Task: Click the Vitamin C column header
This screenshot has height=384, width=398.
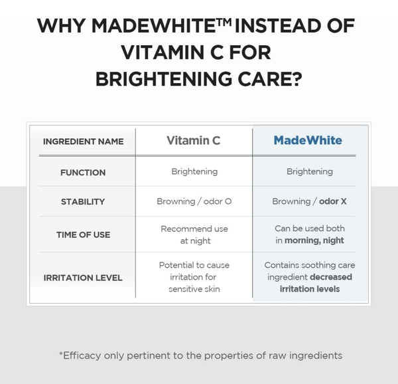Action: (x=194, y=141)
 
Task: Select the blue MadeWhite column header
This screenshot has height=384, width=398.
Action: (x=308, y=140)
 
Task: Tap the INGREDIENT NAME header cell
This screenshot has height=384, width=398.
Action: (x=84, y=142)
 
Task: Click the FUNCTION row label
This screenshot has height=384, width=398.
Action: (x=83, y=173)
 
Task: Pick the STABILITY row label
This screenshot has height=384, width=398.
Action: (x=83, y=202)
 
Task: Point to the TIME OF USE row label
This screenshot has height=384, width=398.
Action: (x=84, y=235)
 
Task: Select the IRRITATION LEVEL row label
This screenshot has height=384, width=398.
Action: (x=83, y=278)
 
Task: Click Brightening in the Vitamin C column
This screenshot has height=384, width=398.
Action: (x=194, y=171)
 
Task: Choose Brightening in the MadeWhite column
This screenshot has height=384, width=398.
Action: (x=310, y=171)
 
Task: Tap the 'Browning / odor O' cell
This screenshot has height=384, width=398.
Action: (x=194, y=201)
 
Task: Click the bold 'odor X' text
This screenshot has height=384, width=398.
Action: (x=333, y=201)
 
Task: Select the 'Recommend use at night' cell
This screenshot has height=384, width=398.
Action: (x=194, y=235)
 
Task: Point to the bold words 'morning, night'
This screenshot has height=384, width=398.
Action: (x=314, y=240)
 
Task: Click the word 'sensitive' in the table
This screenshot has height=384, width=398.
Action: (x=185, y=289)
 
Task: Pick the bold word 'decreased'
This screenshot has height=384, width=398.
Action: (x=331, y=277)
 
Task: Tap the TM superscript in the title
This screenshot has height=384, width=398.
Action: (x=224, y=22)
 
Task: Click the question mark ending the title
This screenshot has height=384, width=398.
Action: (x=297, y=78)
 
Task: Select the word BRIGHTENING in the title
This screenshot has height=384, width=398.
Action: (x=163, y=79)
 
